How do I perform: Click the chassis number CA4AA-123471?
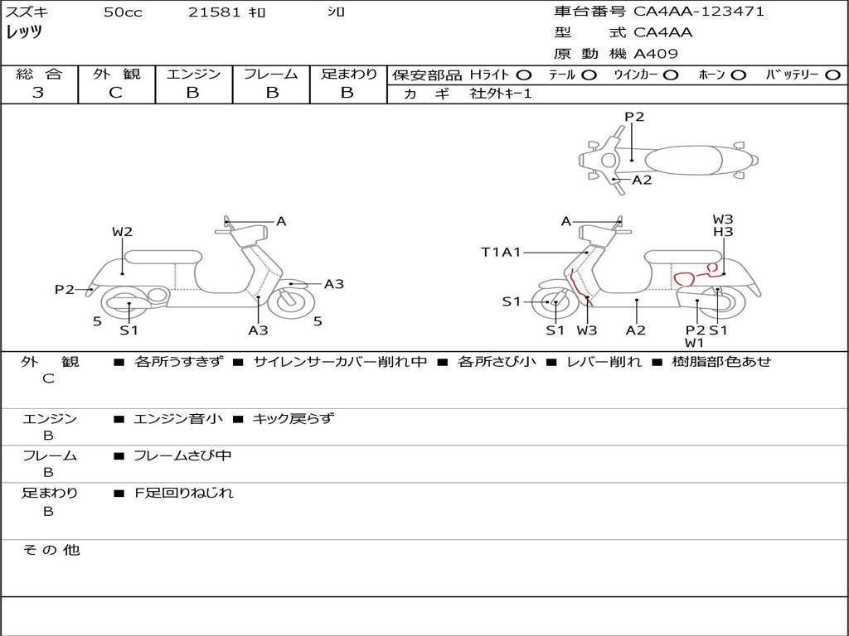click(699, 12)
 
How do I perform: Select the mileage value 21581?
click(215, 12)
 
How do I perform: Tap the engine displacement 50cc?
click(123, 12)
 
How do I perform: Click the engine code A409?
click(656, 54)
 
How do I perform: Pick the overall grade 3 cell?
click(38, 93)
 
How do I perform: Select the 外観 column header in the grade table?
click(116, 74)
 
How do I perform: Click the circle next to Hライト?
click(524, 75)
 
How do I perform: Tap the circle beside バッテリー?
click(832, 75)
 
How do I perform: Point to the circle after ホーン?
click(738, 75)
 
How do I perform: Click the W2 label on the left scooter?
click(123, 232)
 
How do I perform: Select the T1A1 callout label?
click(501, 252)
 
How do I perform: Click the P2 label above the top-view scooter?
click(634, 117)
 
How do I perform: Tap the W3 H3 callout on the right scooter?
click(723, 225)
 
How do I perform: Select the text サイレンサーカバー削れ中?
click(340, 362)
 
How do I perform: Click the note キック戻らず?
click(293, 419)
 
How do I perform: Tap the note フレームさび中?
click(182, 455)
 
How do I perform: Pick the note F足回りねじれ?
click(184, 493)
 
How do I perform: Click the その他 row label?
click(51, 550)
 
